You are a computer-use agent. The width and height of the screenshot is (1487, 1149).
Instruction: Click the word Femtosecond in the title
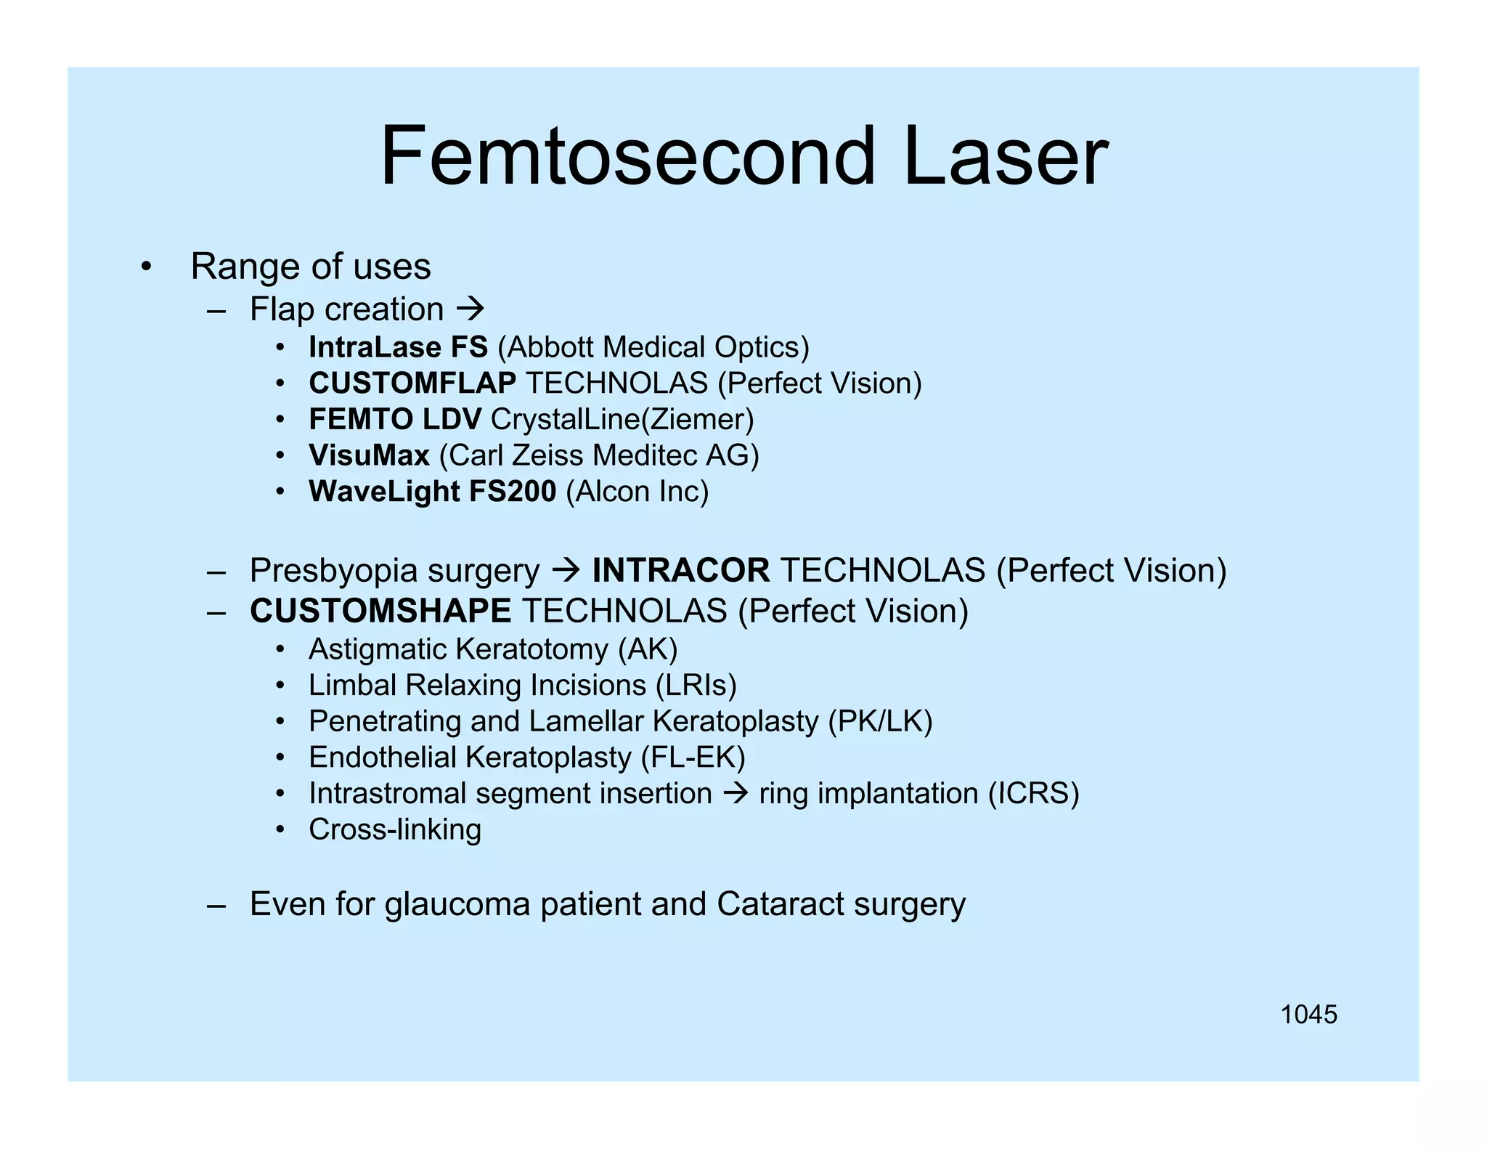(627, 156)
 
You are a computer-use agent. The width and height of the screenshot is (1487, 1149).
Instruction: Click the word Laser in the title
(1005, 156)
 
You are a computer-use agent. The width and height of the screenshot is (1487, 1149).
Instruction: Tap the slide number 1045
(1308, 1015)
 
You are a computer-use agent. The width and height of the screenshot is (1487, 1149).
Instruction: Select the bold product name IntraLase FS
(398, 347)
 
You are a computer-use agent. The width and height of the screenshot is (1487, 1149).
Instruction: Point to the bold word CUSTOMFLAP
(412, 383)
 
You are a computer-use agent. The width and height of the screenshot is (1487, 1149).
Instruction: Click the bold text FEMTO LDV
(395, 419)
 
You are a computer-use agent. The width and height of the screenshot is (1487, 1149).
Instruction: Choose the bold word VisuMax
(369, 455)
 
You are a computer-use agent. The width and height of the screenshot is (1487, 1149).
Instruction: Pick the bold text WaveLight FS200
(432, 492)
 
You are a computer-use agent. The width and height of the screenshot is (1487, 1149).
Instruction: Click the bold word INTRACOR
(681, 570)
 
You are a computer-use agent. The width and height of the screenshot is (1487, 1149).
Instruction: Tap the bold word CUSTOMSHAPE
(380, 611)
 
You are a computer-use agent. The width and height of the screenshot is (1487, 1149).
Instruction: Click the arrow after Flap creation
(470, 309)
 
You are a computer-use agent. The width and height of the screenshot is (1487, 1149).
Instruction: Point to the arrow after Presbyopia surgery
(566, 570)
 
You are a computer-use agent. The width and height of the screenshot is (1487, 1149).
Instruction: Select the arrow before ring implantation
(736, 793)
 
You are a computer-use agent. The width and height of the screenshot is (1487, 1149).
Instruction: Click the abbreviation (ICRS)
(1033, 793)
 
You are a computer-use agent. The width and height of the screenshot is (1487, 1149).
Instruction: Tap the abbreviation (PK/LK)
(880, 721)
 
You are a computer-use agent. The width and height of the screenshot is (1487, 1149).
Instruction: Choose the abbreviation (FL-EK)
(693, 758)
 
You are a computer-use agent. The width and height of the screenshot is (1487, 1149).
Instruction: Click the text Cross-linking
(394, 829)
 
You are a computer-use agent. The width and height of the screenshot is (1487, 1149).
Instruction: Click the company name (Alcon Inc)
(637, 492)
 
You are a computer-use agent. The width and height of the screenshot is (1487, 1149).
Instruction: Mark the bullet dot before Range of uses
(147, 267)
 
